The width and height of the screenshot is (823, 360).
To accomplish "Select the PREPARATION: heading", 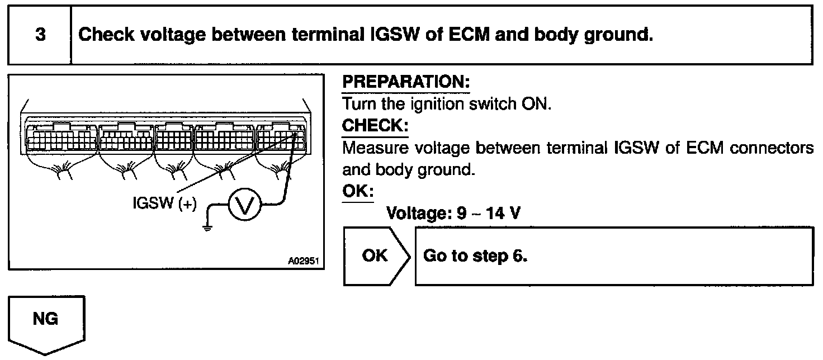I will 405,82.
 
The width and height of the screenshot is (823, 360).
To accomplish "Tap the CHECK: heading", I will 375,126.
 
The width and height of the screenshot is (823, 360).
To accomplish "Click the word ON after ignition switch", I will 538,105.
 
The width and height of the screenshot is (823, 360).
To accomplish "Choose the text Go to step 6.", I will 476,255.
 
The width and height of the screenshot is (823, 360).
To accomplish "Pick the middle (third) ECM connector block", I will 173,136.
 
